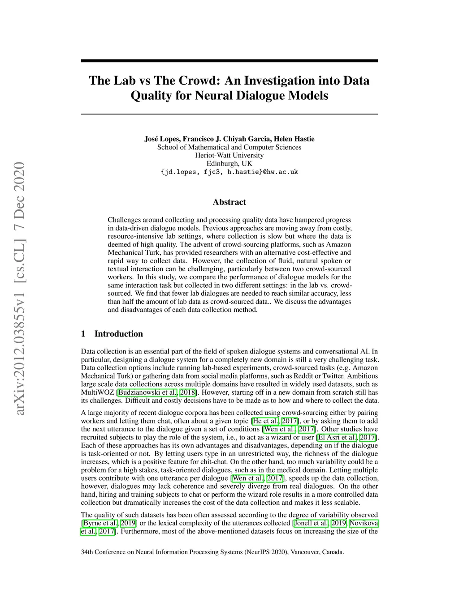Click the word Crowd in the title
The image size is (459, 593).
click(x=198, y=81)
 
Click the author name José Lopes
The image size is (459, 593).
click(x=161, y=139)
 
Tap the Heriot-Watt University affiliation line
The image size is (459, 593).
click(x=229, y=155)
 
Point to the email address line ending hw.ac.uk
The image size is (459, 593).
click(x=229, y=172)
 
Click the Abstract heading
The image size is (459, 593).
click(x=229, y=202)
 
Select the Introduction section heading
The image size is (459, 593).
click(x=118, y=334)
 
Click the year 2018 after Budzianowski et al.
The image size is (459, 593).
click(x=187, y=392)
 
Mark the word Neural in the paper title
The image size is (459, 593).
click(x=212, y=96)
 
